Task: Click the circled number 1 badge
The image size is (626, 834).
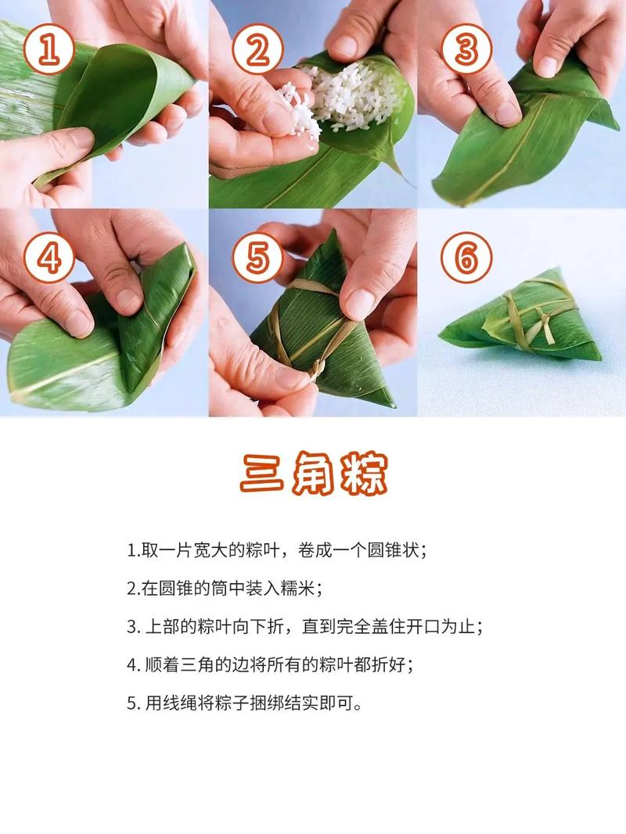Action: coord(49,51)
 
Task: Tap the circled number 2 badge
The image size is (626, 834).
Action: coord(258,51)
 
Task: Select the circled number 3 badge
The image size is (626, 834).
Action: coord(466,51)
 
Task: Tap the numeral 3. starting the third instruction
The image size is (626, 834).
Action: coord(132,627)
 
